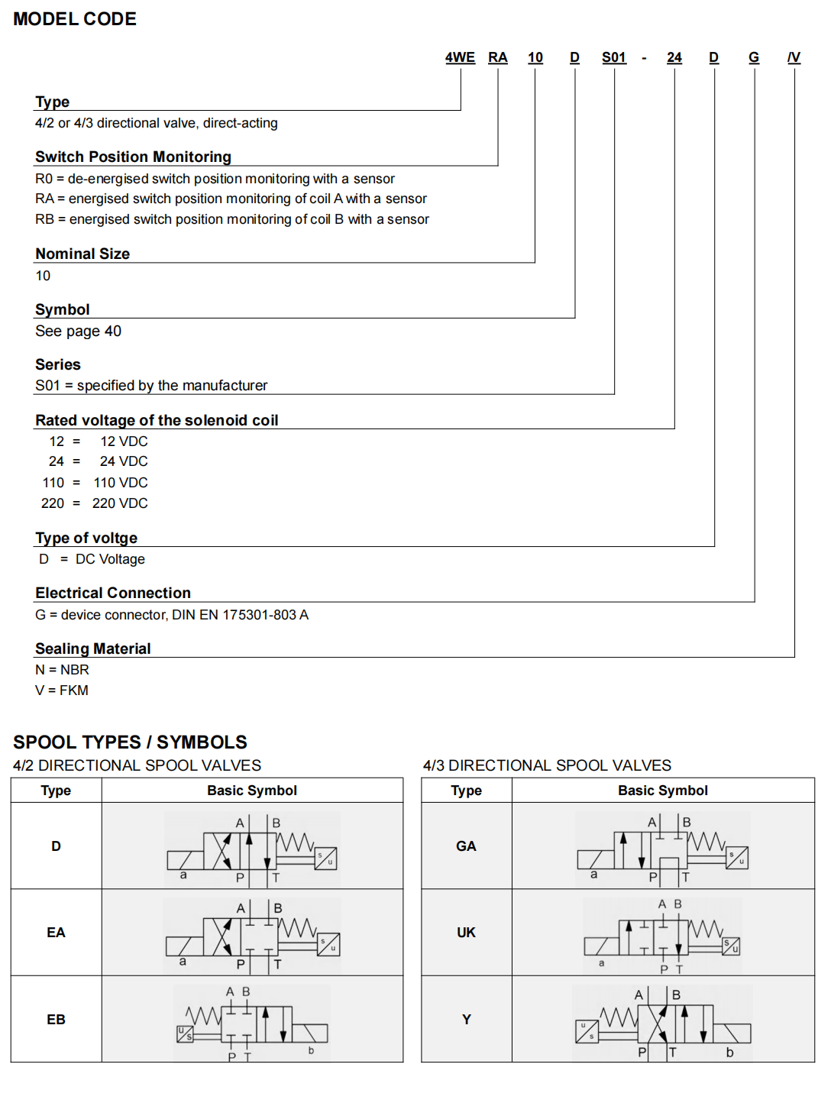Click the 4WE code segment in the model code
tap(460, 57)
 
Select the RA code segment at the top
tap(498, 57)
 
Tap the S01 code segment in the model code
tap(614, 57)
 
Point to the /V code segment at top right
tap(794, 57)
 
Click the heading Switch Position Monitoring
tap(133, 157)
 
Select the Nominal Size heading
tap(82, 254)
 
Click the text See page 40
tap(78, 331)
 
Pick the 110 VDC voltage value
tap(121, 483)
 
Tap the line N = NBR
tap(62, 670)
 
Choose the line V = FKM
tap(62, 690)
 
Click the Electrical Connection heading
tap(113, 593)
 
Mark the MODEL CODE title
tap(75, 19)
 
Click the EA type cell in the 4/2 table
tap(56, 933)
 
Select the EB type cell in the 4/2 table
tap(56, 1020)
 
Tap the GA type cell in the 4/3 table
tap(466, 846)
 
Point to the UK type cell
tap(466, 933)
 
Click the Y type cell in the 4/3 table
tap(466, 1020)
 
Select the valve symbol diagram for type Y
tap(663, 1022)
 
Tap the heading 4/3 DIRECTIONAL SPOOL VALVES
tap(547, 765)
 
